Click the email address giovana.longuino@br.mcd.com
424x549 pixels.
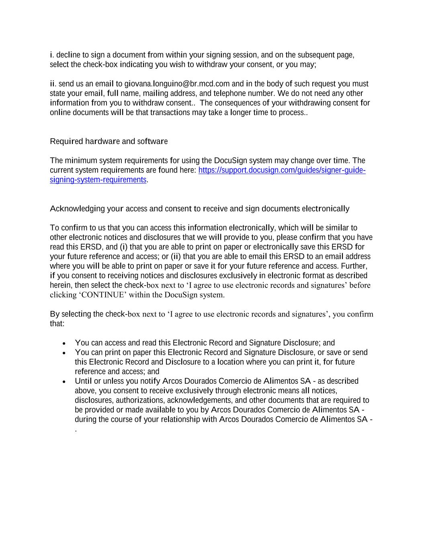point(177,84)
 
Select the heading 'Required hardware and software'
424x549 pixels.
point(109,142)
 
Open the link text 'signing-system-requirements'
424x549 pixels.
point(98,180)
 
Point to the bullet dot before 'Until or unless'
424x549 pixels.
point(64,381)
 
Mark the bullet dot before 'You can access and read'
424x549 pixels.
point(64,343)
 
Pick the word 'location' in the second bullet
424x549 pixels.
point(230,362)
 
